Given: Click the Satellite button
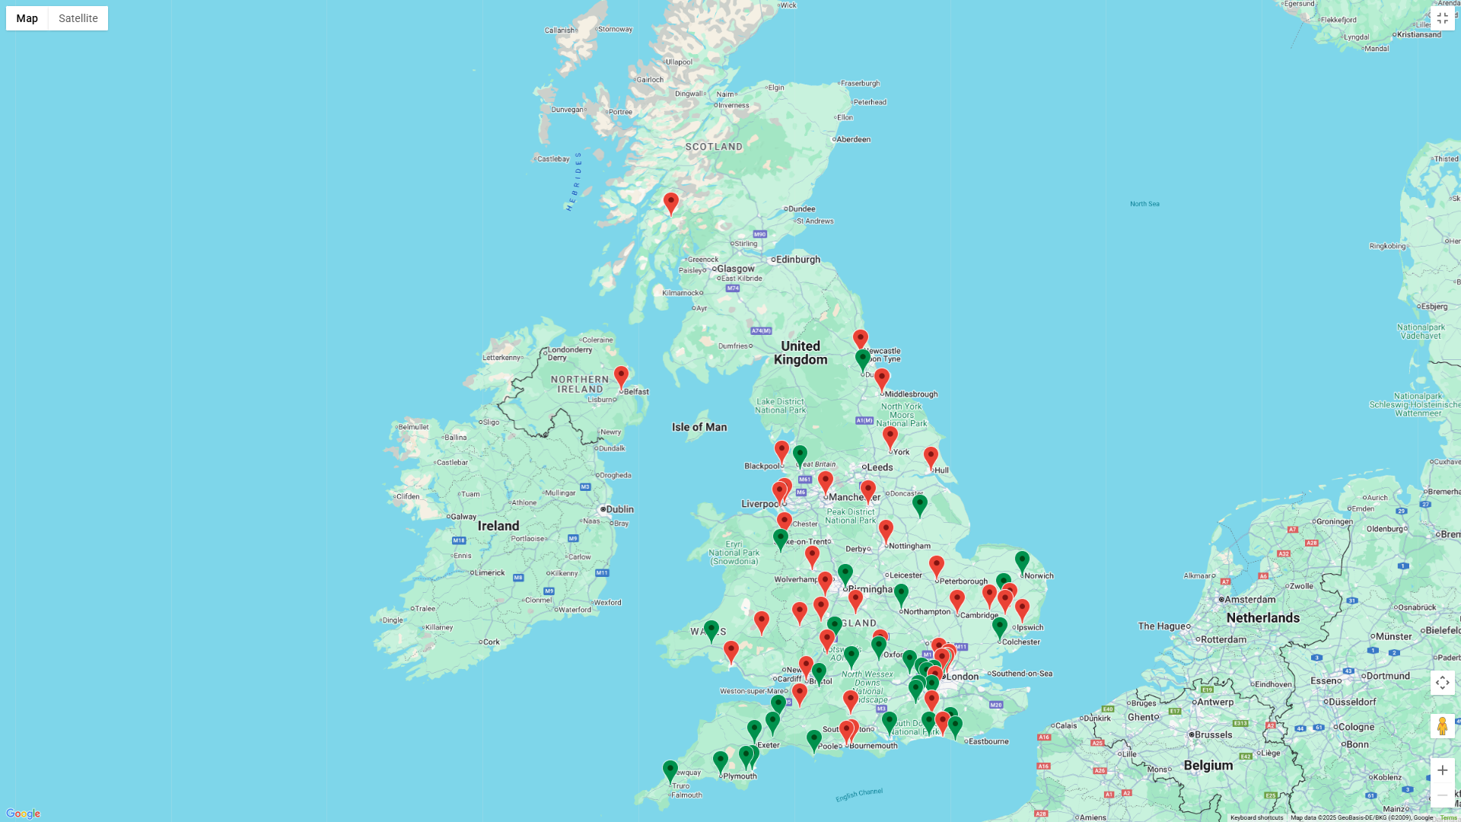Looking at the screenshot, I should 78,18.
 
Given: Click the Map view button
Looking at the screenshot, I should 27,18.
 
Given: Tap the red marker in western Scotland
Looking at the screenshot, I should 670,202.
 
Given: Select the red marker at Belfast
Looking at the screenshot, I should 621,377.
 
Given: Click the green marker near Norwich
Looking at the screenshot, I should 1022,562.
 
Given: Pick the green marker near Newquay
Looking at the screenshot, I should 670,770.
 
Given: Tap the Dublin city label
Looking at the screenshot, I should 619,509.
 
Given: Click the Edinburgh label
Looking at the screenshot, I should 797,260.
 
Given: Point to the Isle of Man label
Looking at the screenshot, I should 699,427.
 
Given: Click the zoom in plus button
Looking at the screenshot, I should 1442,770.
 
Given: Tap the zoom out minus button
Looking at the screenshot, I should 1442,795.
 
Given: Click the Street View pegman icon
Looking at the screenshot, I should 1442,726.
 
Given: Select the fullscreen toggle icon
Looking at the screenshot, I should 1442,18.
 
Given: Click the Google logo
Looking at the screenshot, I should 23,814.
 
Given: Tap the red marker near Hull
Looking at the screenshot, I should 931,457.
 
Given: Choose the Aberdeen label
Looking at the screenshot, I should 854,139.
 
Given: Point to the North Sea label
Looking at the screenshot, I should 1144,204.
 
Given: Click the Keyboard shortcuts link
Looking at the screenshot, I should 1256,817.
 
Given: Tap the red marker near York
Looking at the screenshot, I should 890,437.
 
